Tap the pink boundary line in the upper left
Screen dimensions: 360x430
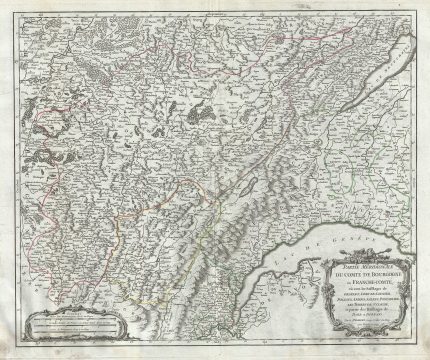pyautogui.click(x=40, y=100)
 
